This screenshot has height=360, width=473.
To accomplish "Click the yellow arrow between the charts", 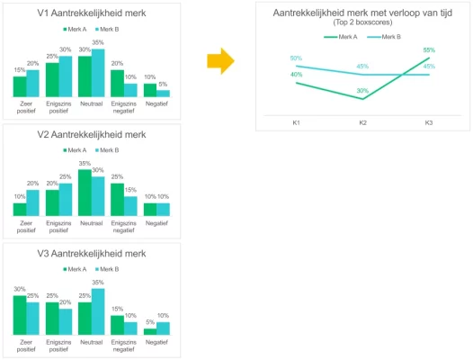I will (220, 61).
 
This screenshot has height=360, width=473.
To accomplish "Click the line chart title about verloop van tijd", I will (362, 13).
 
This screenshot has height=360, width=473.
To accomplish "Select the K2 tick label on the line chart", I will (362, 122).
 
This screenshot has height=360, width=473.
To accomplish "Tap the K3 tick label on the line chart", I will (429, 122).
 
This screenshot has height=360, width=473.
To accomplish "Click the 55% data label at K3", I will (429, 50).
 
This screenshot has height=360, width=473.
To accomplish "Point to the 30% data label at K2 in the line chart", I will (362, 90).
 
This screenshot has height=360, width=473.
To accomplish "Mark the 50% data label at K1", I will (296, 58).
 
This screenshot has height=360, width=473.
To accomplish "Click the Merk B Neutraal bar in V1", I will (98, 73).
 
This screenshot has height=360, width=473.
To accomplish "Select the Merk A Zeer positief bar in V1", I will (20, 86).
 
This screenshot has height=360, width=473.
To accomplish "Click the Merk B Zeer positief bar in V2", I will (32, 202).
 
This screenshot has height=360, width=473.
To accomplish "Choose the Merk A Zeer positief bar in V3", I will (20, 315).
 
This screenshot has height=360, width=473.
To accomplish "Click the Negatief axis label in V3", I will (156, 344).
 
